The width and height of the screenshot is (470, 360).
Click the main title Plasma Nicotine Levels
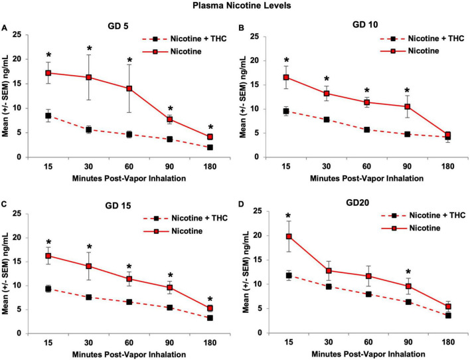pos(235,6)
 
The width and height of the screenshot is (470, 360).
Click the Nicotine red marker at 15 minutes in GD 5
pos(48,73)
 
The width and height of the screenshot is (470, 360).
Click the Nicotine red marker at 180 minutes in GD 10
pos(430,135)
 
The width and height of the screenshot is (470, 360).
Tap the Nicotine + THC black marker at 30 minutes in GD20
pos(327,286)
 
